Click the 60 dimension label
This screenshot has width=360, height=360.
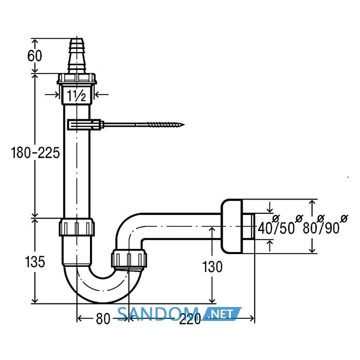34,56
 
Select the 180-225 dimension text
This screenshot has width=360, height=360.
35,153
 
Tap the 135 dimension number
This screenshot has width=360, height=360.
35,262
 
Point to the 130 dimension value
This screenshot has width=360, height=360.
212,267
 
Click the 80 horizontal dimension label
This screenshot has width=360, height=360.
103,319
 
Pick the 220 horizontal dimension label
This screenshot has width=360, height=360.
190,319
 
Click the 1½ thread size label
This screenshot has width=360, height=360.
76,96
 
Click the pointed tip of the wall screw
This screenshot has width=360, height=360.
184,125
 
